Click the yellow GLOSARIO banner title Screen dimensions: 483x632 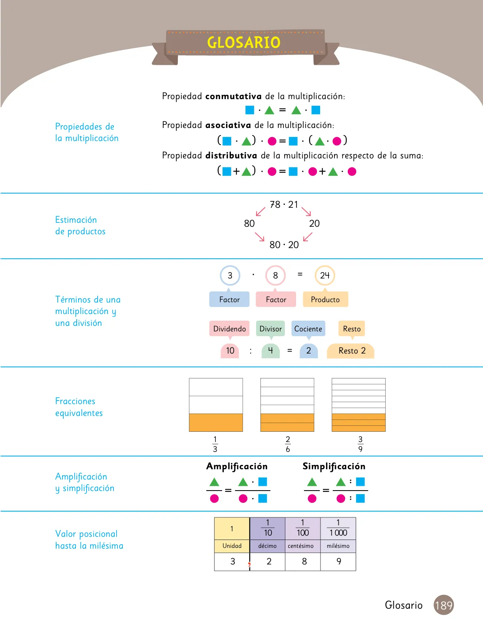click(x=243, y=42)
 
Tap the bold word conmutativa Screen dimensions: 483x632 click(x=234, y=96)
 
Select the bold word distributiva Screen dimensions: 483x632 click(x=231, y=156)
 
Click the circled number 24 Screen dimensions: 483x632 click(x=325, y=275)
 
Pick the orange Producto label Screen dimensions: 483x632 click(x=325, y=299)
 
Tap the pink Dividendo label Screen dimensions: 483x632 click(x=230, y=329)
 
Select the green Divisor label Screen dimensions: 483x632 click(x=270, y=329)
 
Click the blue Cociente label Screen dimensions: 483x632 click(x=308, y=329)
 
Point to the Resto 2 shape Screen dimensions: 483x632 click(x=351, y=351)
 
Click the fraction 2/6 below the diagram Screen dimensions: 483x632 click(x=288, y=444)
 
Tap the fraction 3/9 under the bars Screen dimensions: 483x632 click(x=360, y=444)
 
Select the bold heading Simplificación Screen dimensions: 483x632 click(x=334, y=466)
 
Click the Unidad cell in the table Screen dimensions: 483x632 click(x=232, y=545)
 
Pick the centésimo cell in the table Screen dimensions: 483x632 click(x=303, y=545)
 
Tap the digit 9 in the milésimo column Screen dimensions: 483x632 click(x=339, y=561)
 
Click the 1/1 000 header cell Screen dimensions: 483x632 click(x=338, y=529)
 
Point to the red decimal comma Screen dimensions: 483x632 click(x=249, y=564)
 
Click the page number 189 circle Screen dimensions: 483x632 click(x=443, y=605)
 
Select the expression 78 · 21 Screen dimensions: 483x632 click(x=284, y=205)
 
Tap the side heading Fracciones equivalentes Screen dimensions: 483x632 click(x=79, y=407)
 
